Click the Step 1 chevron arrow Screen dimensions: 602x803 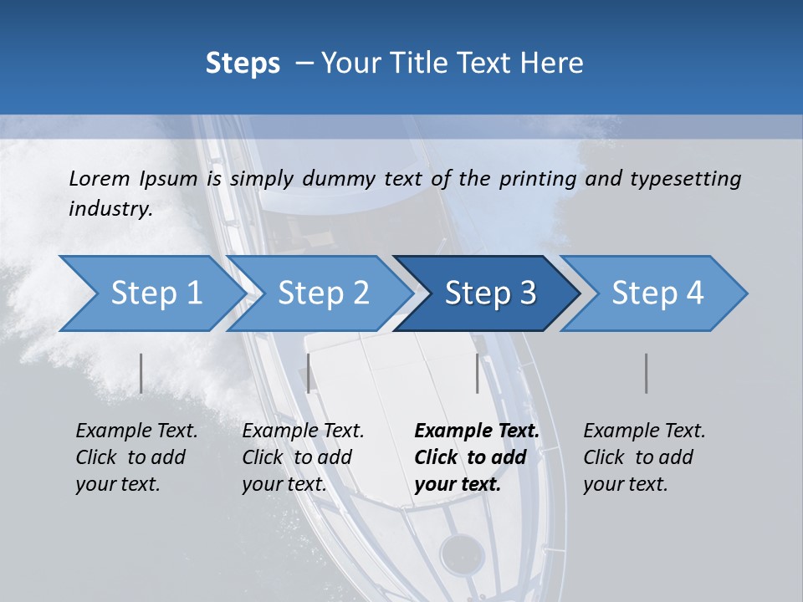[x=151, y=293]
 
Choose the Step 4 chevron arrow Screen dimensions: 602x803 [x=657, y=293]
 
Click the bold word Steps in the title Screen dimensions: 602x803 [x=243, y=63]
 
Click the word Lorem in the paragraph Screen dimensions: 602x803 [x=99, y=178]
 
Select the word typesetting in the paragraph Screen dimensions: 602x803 [x=685, y=178]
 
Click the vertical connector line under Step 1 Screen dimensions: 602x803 [x=141, y=373]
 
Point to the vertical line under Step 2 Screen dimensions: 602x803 [x=309, y=373]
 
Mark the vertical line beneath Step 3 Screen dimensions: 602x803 [x=477, y=373]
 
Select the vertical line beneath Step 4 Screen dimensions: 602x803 [x=646, y=373]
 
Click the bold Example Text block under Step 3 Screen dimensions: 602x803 [x=477, y=457]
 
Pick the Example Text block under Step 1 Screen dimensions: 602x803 [x=136, y=457]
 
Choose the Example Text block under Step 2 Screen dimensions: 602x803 [x=303, y=457]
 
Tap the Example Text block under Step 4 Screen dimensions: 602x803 [x=644, y=457]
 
